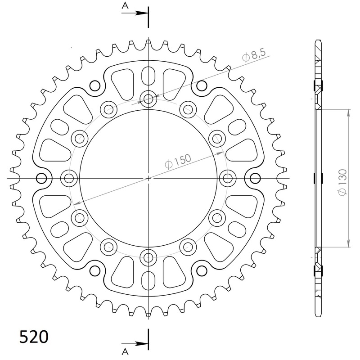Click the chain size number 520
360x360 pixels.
point(34,337)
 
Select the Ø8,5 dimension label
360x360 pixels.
point(255,56)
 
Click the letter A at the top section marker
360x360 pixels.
point(125,5)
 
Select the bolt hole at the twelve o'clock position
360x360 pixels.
point(148,99)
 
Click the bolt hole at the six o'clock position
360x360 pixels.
point(148,257)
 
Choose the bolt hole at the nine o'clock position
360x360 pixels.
point(68,178)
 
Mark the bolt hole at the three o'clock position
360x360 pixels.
point(227,178)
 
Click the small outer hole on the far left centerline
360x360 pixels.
point(41,178)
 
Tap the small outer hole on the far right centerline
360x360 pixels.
point(255,178)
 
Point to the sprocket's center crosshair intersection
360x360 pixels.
point(148,178)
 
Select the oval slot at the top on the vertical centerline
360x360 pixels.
point(148,75)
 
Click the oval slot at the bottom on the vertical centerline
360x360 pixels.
point(148,282)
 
